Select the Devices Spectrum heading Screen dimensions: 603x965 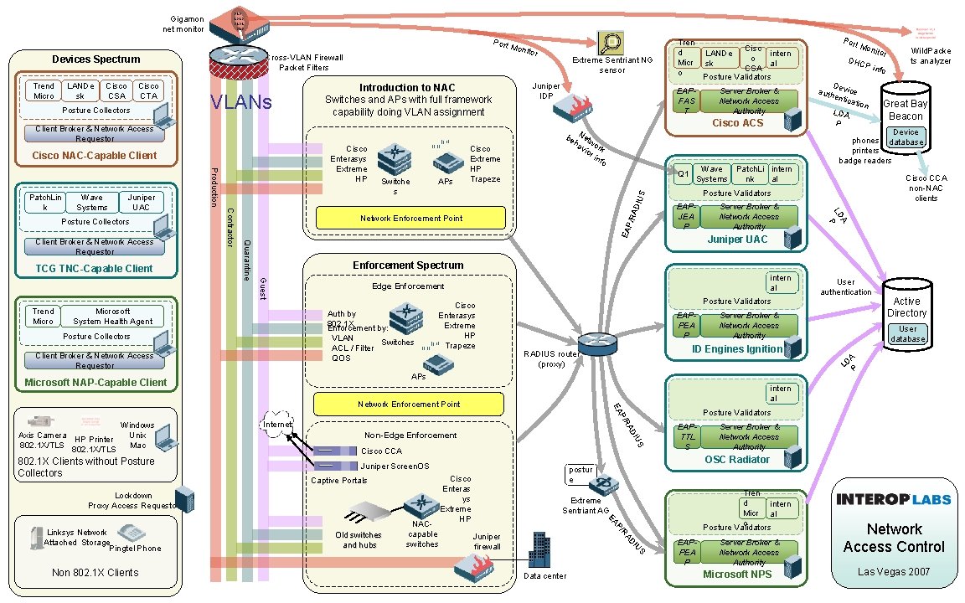click(x=96, y=59)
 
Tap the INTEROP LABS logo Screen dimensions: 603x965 click(x=894, y=500)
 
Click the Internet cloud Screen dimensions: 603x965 click(x=277, y=422)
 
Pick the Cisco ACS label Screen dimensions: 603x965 click(x=737, y=123)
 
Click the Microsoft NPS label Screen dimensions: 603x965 click(x=737, y=575)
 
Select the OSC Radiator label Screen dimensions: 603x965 click(x=737, y=460)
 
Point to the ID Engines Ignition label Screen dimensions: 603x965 click(x=737, y=349)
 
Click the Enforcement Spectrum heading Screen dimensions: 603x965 click(x=408, y=265)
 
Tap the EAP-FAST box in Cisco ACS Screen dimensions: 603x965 click(x=686, y=100)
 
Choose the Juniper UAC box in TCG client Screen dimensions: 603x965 click(x=142, y=203)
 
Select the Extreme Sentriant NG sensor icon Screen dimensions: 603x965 click(x=609, y=43)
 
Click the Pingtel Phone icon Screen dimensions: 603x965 click(x=132, y=533)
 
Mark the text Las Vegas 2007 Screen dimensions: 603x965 click(x=894, y=572)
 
